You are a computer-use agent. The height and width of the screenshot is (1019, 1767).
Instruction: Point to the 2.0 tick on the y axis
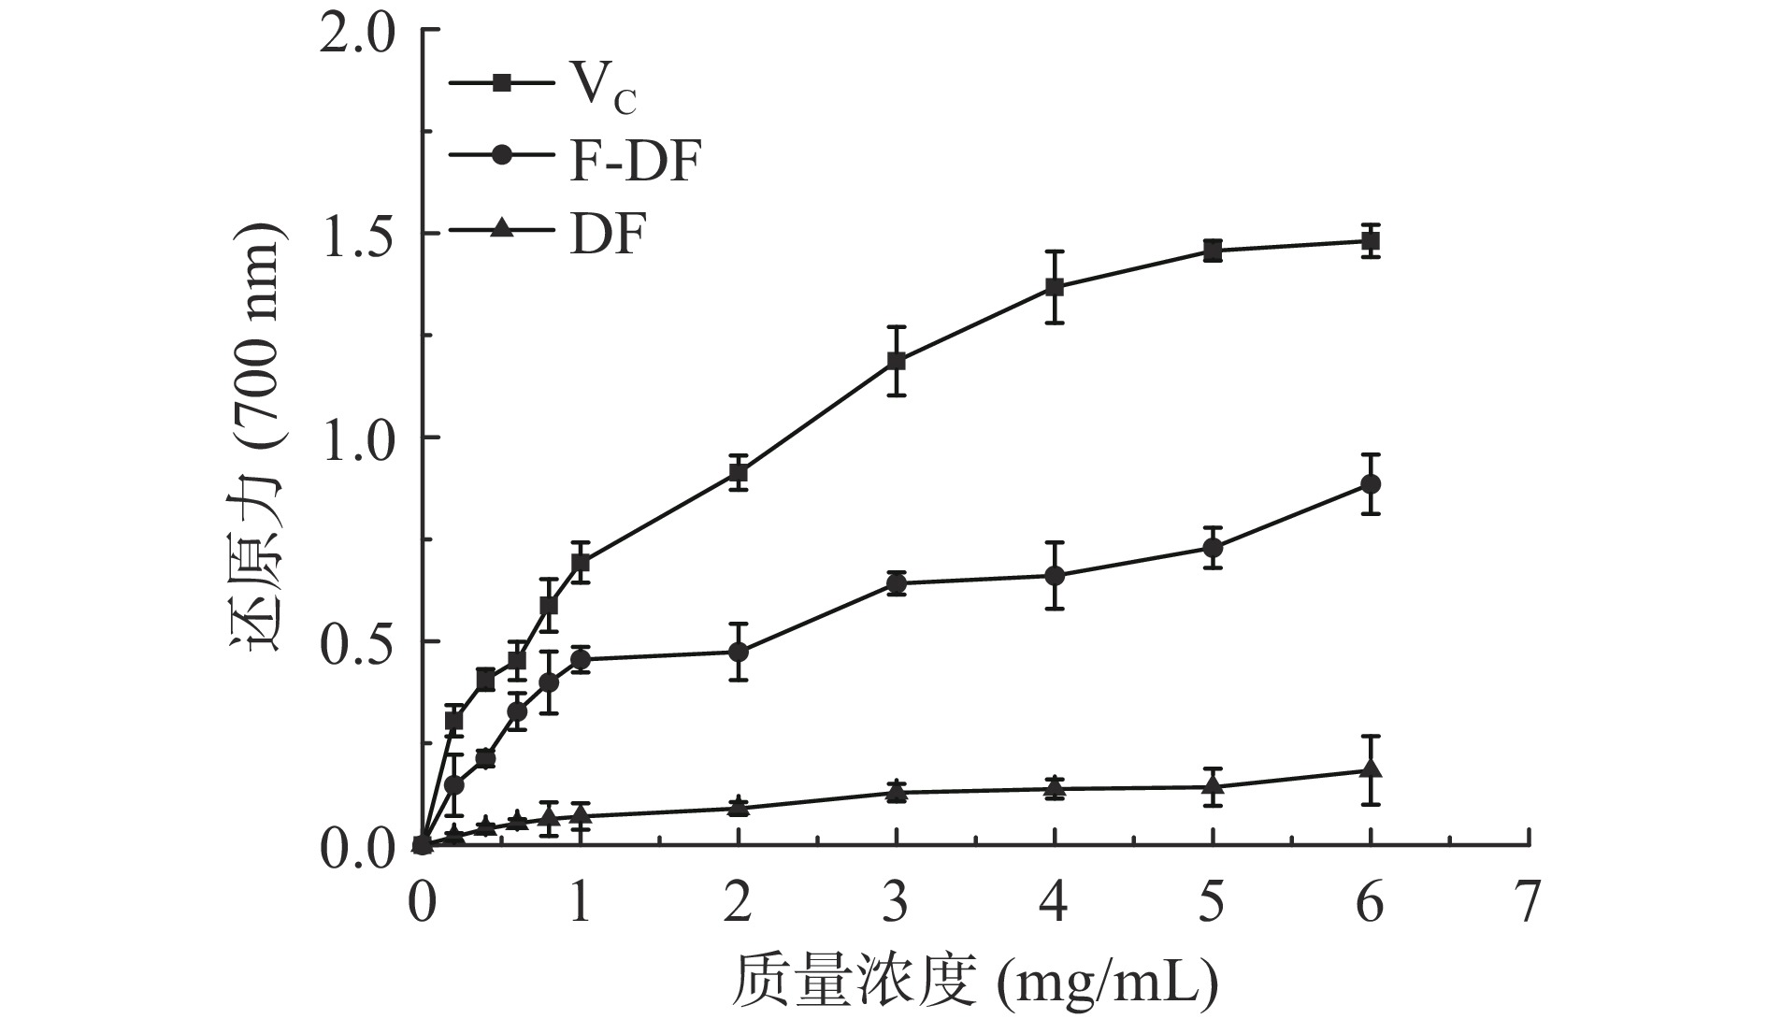point(361,32)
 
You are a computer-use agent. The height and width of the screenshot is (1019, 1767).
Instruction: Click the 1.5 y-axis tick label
point(361,235)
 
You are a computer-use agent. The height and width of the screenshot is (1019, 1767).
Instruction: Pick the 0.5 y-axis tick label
point(361,642)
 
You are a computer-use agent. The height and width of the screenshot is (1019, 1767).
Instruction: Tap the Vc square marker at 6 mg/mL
point(1371,241)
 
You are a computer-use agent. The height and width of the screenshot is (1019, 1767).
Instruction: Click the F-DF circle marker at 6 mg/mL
point(1371,484)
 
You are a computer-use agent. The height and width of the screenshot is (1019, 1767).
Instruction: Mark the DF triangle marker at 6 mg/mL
point(1371,770)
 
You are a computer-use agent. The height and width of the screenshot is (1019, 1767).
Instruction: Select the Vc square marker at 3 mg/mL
point(897,361)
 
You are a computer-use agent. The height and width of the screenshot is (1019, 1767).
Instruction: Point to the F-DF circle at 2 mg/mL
point(739,652)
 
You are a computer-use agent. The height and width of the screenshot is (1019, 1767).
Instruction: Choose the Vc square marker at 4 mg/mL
point(1055,287)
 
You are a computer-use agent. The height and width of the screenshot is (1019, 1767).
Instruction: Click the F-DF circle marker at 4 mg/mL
point(1055,575)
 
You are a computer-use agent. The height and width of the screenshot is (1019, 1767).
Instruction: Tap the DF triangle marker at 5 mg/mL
point(1213,786)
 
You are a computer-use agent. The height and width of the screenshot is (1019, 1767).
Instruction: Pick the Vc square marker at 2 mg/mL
point(739,473)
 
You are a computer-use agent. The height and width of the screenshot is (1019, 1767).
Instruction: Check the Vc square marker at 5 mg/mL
point(1213,251)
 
